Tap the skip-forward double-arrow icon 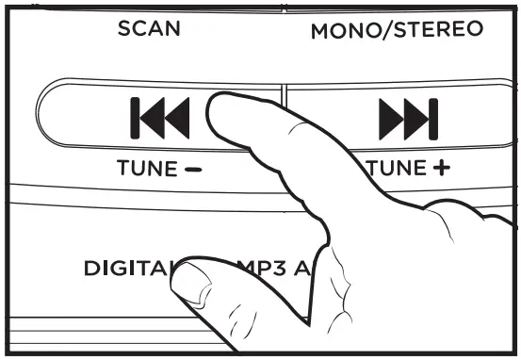coord(408,118)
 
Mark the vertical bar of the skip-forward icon coord(433,118)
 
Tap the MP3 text coord(267,268)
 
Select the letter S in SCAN coord(123,29)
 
